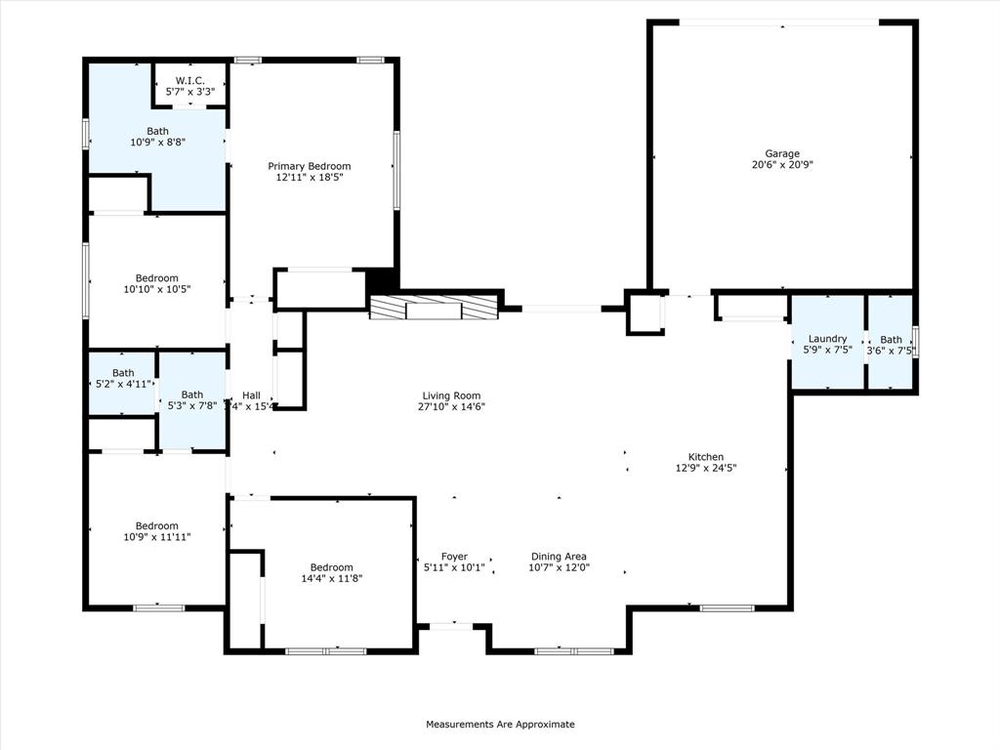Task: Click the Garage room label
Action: [782, 153]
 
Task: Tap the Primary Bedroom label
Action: [310, 166]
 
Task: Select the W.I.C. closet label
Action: [190, 80]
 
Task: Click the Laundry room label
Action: [827, 339]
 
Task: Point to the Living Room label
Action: [451, 396]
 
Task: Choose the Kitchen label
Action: [706, 457]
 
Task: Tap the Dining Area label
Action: [559, 556]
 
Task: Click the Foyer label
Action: [454, 556]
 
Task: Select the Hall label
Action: [251, 396]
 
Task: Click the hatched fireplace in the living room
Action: [435, 308]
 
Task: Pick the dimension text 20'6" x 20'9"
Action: [782, 164]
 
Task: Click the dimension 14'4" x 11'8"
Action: [332, 578]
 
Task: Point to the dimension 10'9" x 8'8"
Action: [157, 143]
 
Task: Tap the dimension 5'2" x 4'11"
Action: [122, 384]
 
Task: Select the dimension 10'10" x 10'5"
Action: [157, 289]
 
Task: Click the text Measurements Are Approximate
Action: [500, 724]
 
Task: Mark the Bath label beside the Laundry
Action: [891, 339]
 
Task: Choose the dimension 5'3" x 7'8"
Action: [192, 405]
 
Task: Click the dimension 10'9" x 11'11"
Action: [157, 537]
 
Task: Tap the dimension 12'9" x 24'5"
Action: [706, 468]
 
